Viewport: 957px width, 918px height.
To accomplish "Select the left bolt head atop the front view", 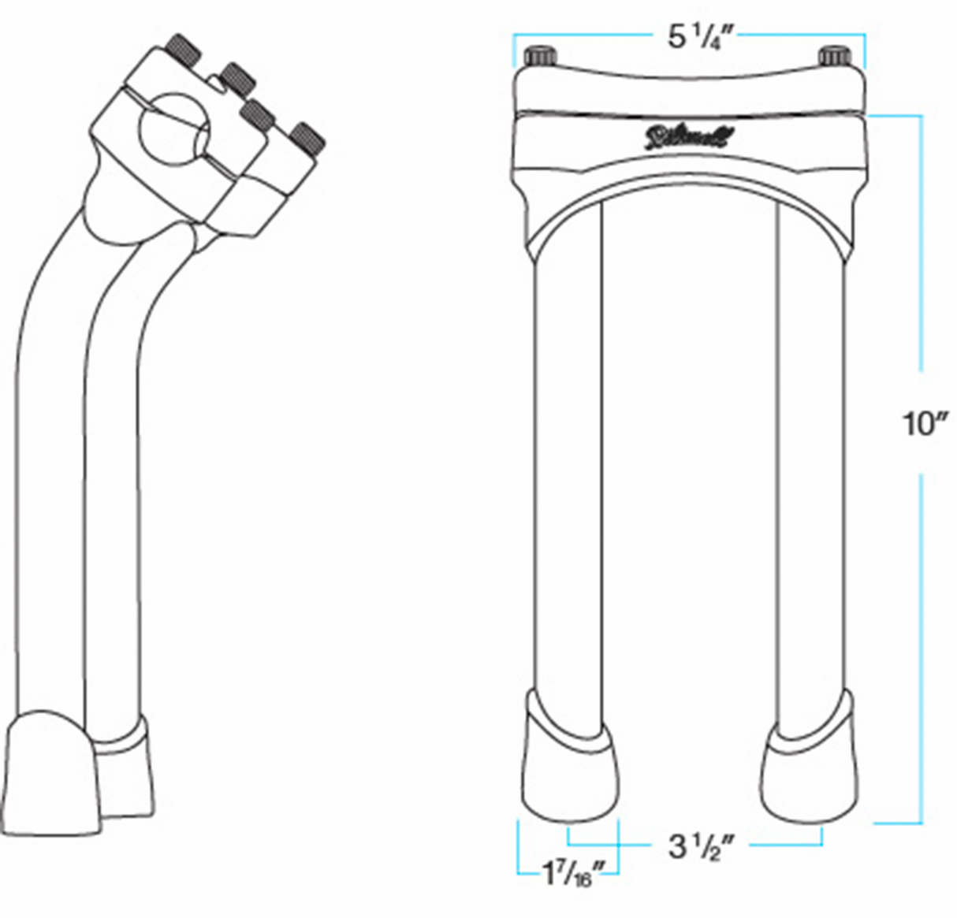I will click(x=542, y=57).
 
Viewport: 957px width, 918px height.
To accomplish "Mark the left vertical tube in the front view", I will click(x=568, y=473).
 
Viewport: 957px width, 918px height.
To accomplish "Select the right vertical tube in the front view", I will click(x=812, y=473).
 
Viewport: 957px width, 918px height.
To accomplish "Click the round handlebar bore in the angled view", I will click(x=173, y=130).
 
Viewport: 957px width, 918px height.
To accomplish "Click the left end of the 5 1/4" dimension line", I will click(x=515, y=36).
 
